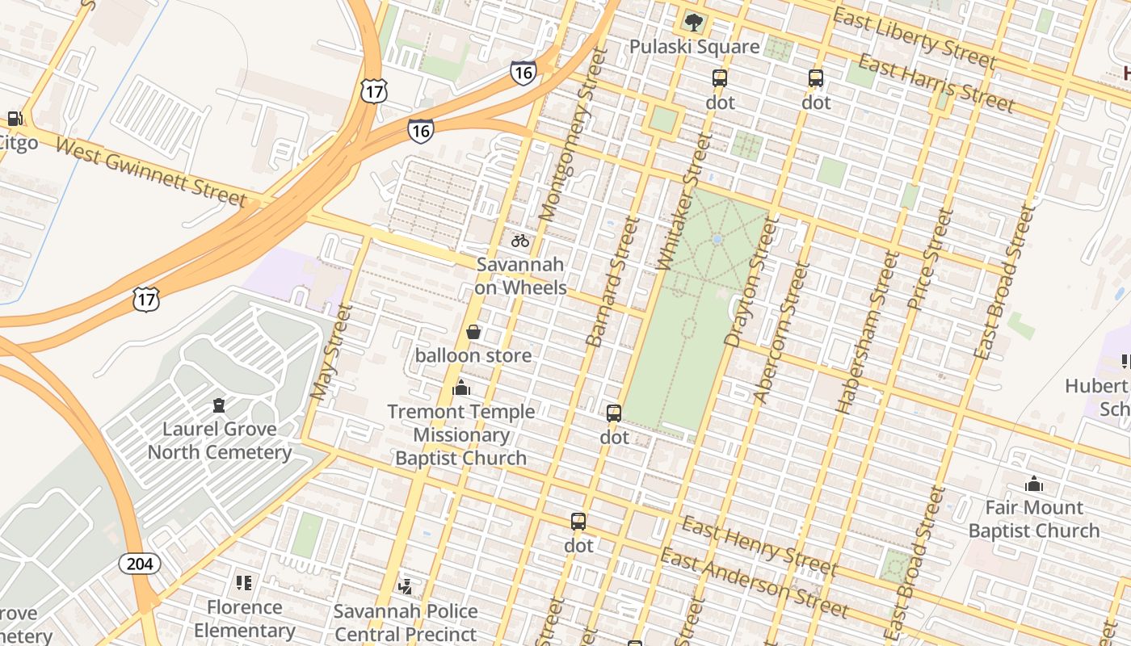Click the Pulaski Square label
694,47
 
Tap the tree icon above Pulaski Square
693,23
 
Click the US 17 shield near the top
373,91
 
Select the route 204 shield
140,564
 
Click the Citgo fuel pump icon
15,119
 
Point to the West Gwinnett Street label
150,171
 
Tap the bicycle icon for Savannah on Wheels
520,241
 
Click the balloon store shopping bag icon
473,332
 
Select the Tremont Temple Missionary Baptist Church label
460,434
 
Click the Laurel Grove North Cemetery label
219,440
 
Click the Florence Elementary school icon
244,583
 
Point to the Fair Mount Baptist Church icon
1034,484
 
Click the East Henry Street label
759,547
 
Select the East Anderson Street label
754,581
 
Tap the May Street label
332,352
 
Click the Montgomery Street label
572,134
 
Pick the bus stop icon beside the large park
614,413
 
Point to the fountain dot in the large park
717,239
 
